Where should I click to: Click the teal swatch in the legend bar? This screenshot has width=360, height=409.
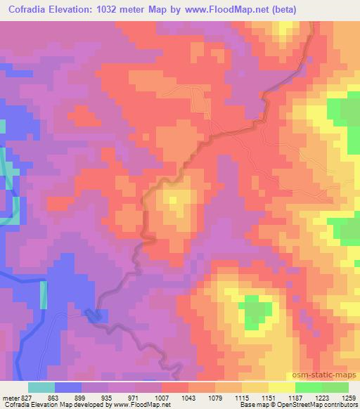[41, 387]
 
